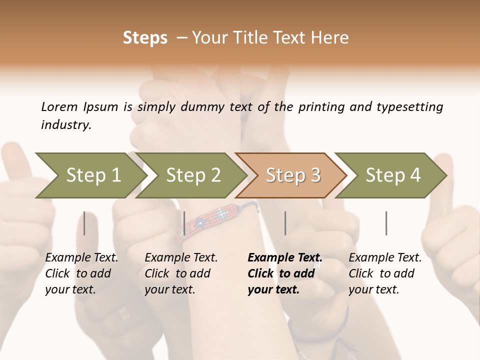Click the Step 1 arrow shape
point(90,175)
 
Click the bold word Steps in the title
point(145,38)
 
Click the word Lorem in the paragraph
point(59,106)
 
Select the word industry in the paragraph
point(65,125)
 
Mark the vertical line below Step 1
point(84,223)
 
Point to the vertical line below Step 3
point(285,223)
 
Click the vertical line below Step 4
point(386,223)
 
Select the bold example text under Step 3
point(284,273)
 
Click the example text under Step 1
point(81,273)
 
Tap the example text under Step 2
point(181,273)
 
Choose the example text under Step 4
point(385,273)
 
